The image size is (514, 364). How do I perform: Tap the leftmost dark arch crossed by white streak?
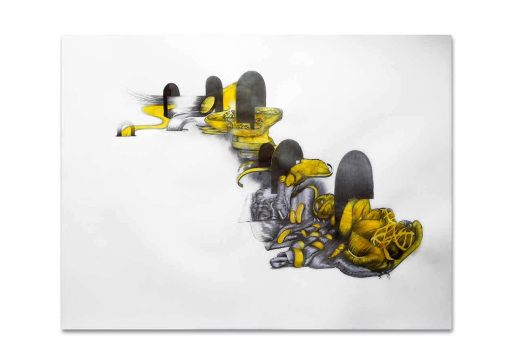(x=171, y=95)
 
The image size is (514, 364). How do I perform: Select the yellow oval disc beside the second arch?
(x=207, y=105)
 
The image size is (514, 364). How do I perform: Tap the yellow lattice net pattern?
(x=394, y=235)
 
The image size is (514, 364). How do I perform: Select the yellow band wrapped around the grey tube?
(x=298, y=258)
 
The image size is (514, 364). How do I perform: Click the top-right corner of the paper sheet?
(x=451, y=36)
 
